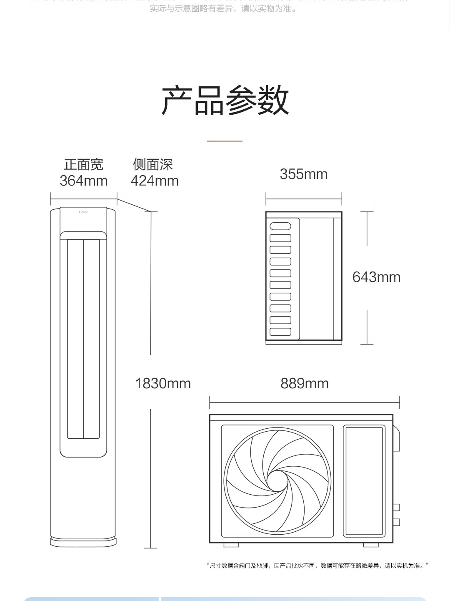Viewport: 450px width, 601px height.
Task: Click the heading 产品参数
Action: point(225,101)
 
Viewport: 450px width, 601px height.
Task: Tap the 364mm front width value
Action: point(84,181)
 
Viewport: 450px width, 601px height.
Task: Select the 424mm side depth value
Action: point(155,181)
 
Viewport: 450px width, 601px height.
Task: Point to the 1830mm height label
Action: point(163,383)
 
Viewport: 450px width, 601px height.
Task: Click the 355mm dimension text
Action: point(304,174)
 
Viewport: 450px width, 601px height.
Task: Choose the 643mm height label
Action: point(376,277)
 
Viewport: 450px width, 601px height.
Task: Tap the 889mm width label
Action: point(305,383)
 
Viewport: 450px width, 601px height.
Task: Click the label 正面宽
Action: point(84,165)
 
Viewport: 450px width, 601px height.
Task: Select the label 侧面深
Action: point(153,165)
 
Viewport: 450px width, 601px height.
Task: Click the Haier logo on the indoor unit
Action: point(83,212)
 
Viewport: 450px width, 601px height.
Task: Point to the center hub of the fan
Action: point(277,481)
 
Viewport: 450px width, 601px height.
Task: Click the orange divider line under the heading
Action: point(225,141)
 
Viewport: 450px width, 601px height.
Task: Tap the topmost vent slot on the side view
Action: point(280,226)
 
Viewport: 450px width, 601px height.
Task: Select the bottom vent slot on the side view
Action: point(280,332)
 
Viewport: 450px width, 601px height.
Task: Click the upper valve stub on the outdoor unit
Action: point(396,507)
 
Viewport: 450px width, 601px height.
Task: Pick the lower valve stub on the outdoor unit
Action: point(396,522)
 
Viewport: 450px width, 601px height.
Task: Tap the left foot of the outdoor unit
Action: point(231,545)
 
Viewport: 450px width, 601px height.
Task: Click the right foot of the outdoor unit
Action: point(371,545)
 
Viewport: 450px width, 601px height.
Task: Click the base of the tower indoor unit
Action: point(83,542)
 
